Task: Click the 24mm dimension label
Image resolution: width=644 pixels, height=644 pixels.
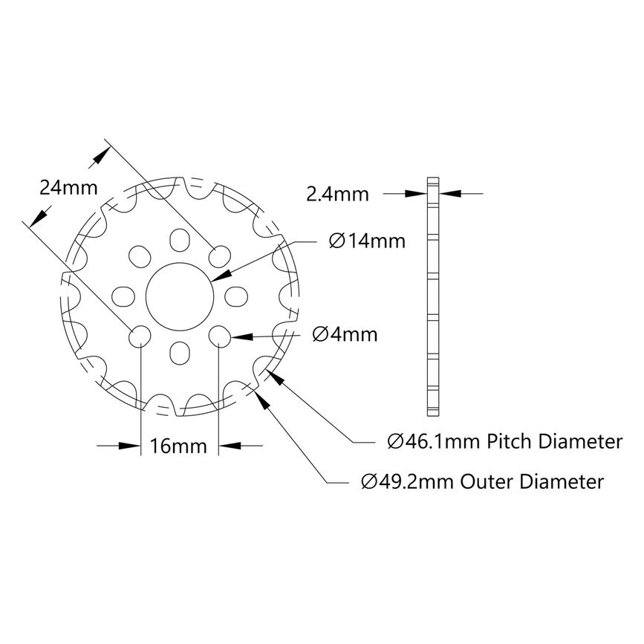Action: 68,187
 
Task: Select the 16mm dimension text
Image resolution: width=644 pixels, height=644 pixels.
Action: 178,446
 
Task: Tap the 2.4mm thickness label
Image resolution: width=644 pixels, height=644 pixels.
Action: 338,194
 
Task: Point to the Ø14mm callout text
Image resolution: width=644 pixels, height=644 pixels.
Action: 366,241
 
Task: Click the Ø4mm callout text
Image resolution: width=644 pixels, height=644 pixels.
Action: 345,334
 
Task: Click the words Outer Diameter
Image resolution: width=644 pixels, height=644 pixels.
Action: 532,482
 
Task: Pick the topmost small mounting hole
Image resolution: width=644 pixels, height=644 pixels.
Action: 179,239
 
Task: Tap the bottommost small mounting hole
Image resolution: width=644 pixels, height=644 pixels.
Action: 179,351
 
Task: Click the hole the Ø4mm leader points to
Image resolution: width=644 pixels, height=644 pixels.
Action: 218,336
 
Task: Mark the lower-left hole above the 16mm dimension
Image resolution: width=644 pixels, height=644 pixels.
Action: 140,336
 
